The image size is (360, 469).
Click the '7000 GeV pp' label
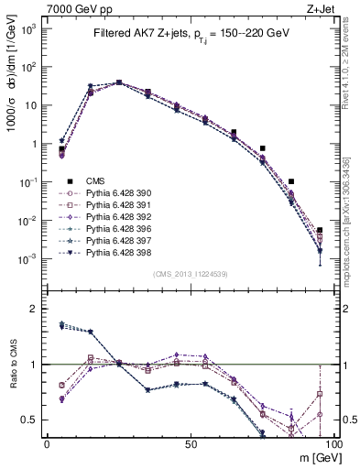73,8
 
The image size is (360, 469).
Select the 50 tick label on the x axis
190,443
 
